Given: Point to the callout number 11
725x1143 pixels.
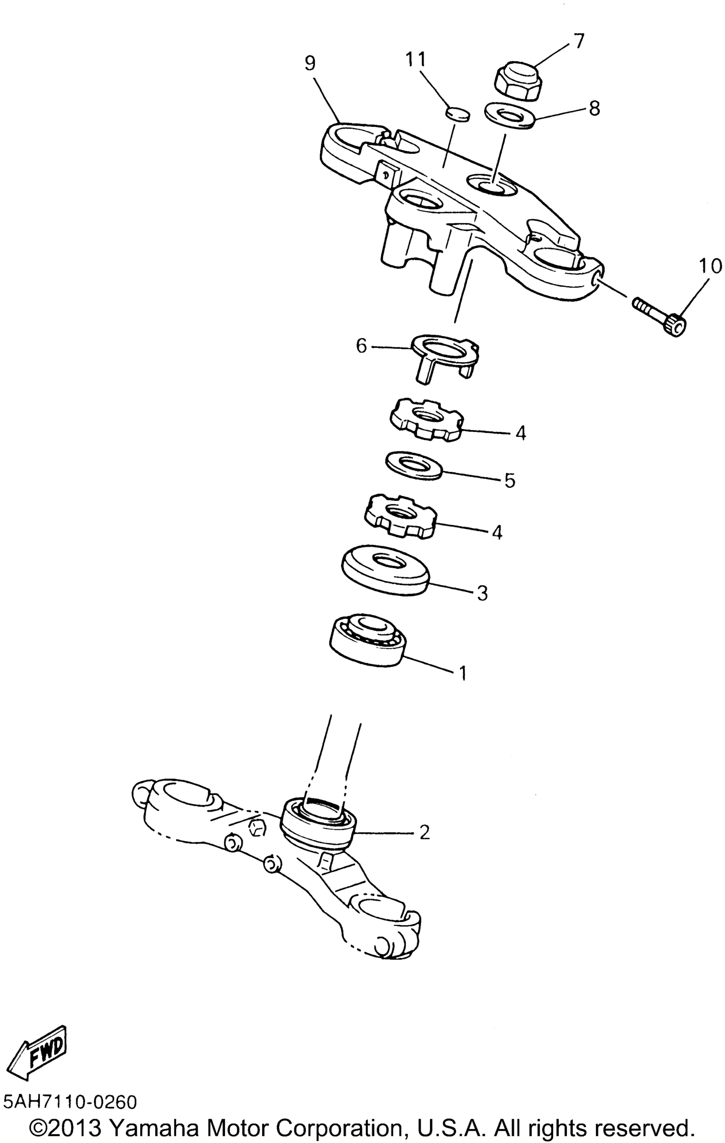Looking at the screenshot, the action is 416,60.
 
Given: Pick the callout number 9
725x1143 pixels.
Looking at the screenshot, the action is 310,63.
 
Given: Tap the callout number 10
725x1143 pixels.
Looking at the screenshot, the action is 710,267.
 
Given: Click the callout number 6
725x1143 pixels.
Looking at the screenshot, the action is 362,346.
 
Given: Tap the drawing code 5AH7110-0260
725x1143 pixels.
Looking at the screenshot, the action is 70,1102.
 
